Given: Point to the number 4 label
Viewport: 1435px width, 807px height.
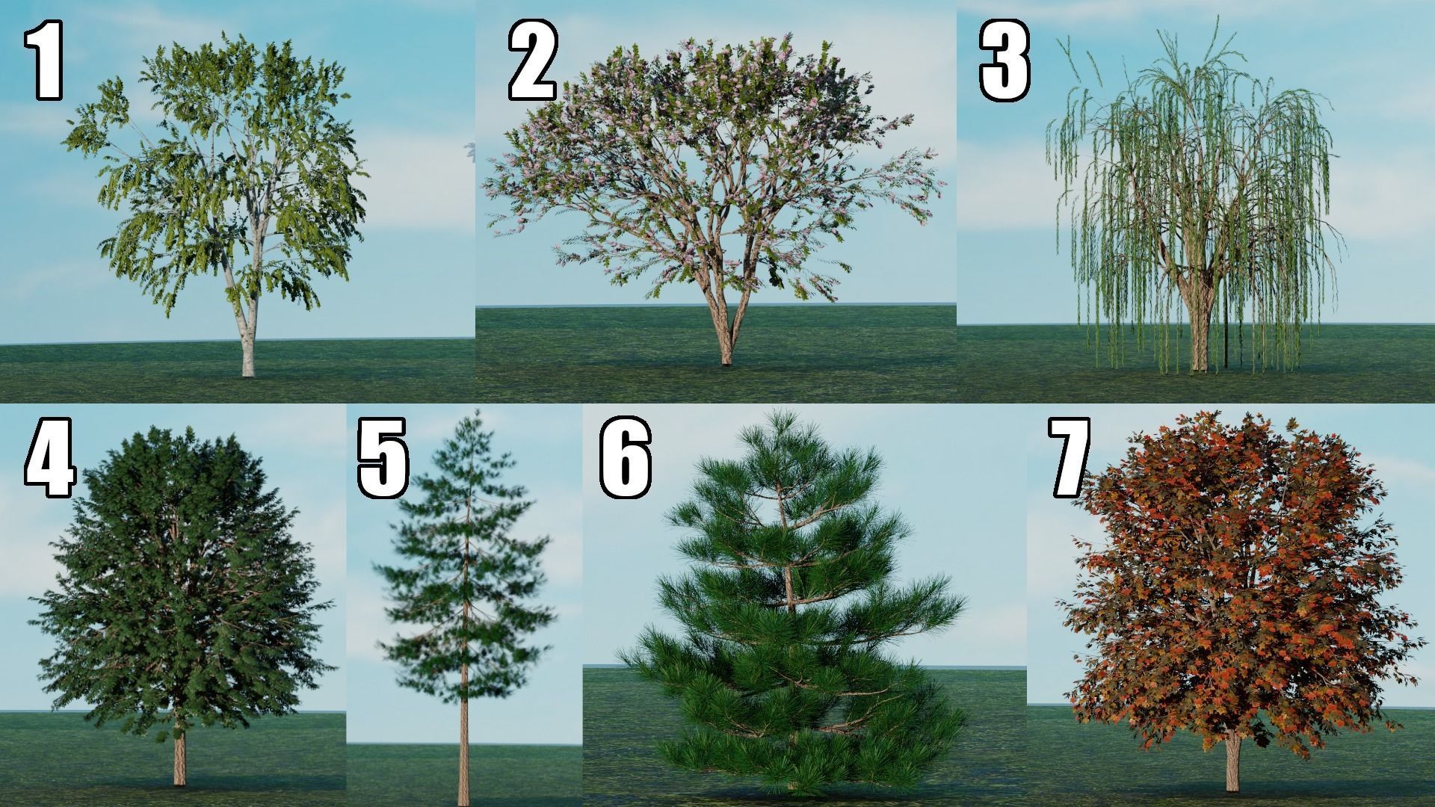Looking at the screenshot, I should coord(49,457).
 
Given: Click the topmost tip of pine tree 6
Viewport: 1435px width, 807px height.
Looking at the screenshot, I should coord(784,411).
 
